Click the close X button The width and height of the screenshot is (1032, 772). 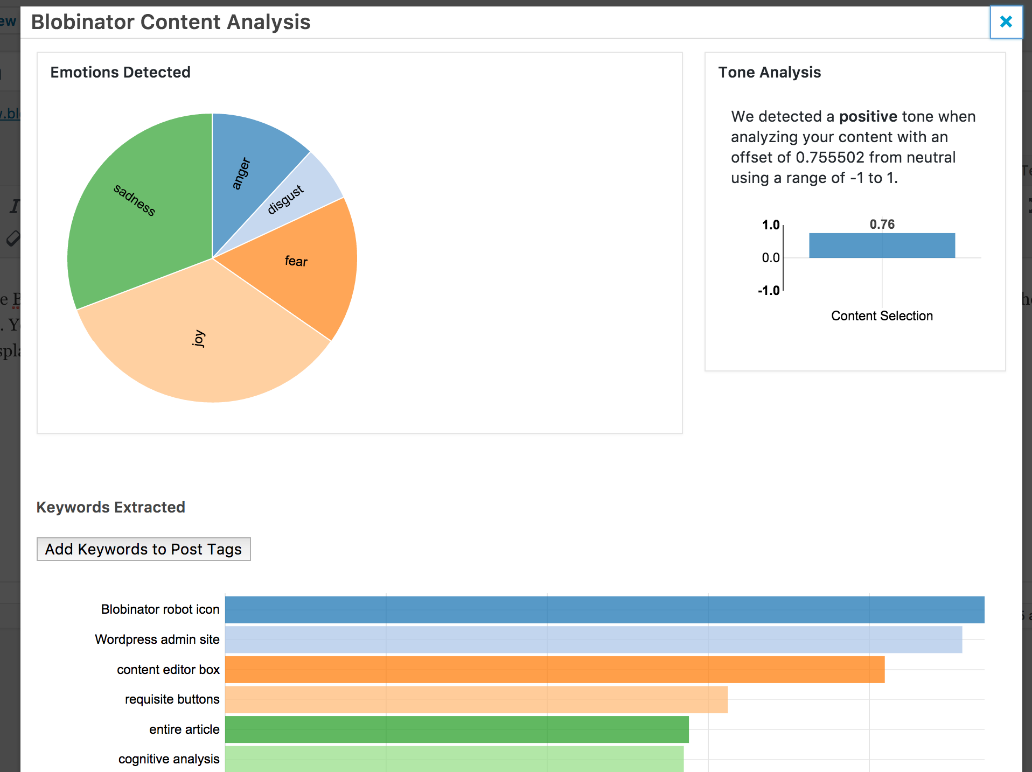tap(1006, 22)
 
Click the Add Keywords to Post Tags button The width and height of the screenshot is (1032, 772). tap(144, 549)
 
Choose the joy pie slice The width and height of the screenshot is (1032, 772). tap(205, 339)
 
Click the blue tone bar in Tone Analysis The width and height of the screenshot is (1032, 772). tap(882, 245)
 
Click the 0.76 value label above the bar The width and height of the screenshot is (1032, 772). tap(882, 224)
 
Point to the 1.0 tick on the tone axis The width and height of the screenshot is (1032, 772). tap(771, 225)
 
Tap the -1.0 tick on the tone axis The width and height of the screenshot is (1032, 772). tap(769, 291)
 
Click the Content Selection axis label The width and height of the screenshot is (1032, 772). tap(882, 316)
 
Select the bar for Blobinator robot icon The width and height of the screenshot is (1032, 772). tap(605, 609)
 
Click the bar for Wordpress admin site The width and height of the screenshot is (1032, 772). tap(594, 640)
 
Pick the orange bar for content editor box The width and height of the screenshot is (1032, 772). tap(555, 670)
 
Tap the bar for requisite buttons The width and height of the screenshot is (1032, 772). tap(477, 699)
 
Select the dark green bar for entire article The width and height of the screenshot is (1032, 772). tap(457, 729)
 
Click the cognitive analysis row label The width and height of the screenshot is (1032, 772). tap(169, 759)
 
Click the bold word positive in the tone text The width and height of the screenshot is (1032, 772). tap(868, 116)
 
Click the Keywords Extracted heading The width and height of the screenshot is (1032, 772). tap(111, 507)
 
